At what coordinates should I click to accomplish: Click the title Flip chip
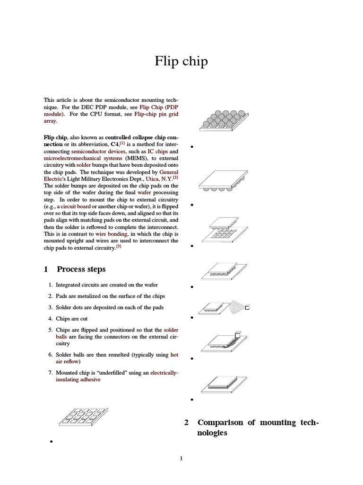(181, 62)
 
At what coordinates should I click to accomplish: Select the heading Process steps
(81, 269)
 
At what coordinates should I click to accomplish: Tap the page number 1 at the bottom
(181, 458)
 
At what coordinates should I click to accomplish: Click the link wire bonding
(112, 234)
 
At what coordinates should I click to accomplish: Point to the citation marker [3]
(119, 247)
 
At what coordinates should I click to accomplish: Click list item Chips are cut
(71, 319)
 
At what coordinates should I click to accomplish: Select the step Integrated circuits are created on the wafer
(107, 285)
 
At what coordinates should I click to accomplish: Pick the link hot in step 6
(174, 354)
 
